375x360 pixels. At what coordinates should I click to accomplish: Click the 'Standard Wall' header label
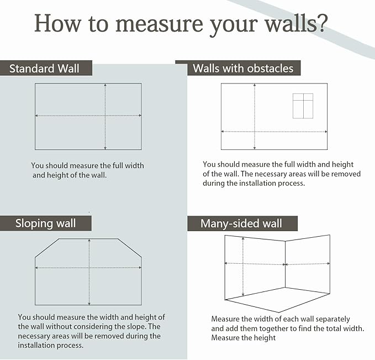(x=44, y=69)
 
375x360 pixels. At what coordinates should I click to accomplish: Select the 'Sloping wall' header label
(x=45, y=223)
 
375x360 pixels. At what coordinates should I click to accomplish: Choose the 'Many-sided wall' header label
(x=241, y=223)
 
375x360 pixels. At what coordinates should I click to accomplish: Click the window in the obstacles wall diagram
(x=303, y=106)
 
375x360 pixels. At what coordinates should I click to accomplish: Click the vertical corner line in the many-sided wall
(x=285, y=265)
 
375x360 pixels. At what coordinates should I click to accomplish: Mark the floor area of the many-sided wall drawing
(x=279, y=299)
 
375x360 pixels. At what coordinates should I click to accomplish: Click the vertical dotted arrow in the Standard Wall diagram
(x=105, y=100)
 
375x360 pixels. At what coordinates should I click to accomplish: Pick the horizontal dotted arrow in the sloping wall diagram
(x=61, y=268)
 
